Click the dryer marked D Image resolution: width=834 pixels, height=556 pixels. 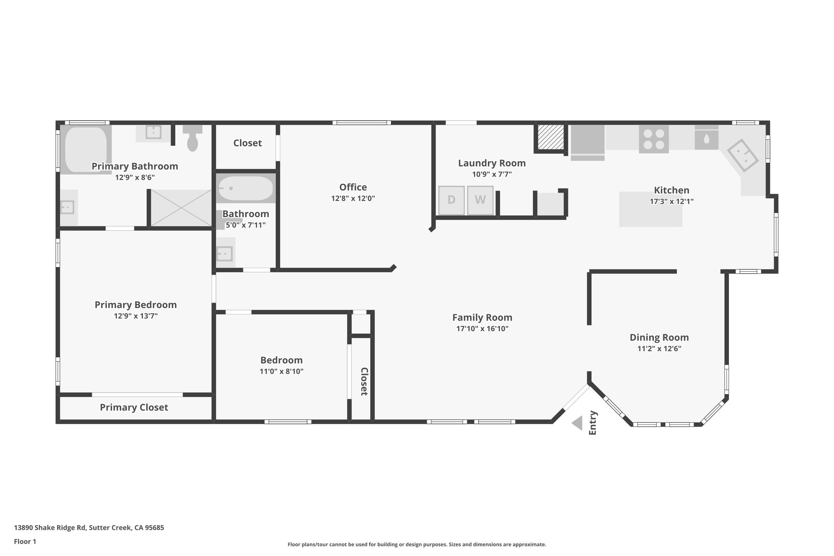(451, 200)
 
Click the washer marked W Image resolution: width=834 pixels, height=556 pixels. (480, 200)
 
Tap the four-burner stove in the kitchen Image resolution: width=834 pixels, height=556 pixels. (654, 139)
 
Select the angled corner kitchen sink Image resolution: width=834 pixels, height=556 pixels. (743, 156)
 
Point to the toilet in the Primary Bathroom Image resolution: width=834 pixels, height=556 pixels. (192, 139)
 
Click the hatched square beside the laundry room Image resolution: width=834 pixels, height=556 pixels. (551, 137)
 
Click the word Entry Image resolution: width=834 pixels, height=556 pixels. (593, 423)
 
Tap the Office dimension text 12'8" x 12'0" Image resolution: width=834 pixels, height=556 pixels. (353, 199)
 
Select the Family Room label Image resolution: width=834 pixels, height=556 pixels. (482, 317)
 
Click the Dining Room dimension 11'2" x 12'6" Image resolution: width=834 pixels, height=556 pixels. (659, 349)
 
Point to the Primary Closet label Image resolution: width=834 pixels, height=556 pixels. (134, 407)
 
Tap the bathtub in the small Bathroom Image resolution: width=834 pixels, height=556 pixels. (246, 188)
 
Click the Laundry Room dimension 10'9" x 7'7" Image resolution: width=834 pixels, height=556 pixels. (492, 174)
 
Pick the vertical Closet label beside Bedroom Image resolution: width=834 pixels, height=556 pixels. (364, 381)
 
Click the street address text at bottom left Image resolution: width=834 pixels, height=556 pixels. (89, 527)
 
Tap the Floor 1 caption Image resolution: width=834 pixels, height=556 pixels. (25, 541)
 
